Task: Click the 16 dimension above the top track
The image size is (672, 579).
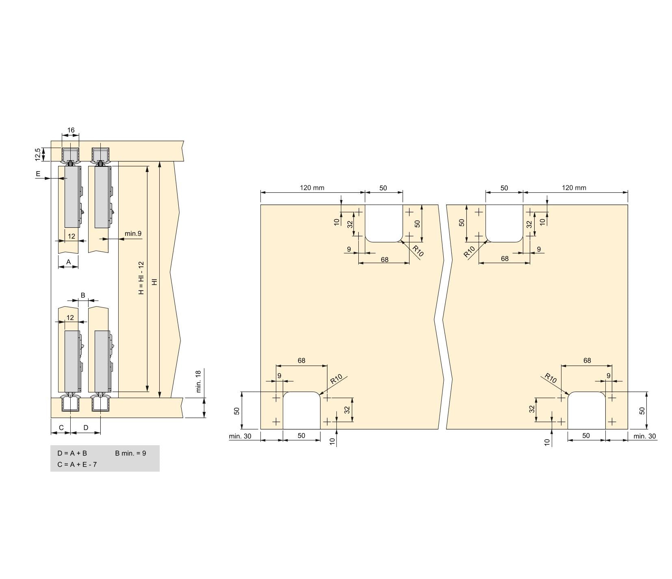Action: click(71, 131)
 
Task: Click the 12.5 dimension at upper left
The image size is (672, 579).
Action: click(38, 155)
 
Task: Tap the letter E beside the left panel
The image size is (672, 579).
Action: click(38, 174)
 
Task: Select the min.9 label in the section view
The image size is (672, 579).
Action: click(133, 233)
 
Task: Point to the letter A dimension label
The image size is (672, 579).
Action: click(68, 262)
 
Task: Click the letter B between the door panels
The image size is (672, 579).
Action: click(83, 295)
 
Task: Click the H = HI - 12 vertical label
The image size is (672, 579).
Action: click(141, 278)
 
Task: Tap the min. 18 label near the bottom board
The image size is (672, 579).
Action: click(198, 381)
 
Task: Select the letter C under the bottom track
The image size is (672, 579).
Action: click(61, 427)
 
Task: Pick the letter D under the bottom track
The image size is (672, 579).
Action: click(86, 427)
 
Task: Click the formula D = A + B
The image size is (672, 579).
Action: click(72, 453)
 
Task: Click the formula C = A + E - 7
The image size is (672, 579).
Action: click(77, 464)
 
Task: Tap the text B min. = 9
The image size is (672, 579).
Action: click(130, 453)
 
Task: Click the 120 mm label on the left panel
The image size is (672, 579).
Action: click(312, 187)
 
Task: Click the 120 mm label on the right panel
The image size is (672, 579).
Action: click(574, 187)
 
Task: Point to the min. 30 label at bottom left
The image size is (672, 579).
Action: click(240, 436)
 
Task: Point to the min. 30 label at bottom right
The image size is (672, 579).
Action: click(644, 436)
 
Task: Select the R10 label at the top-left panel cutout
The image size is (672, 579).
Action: click(418, 251)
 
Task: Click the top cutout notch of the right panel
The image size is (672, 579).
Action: click(504, 222)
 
